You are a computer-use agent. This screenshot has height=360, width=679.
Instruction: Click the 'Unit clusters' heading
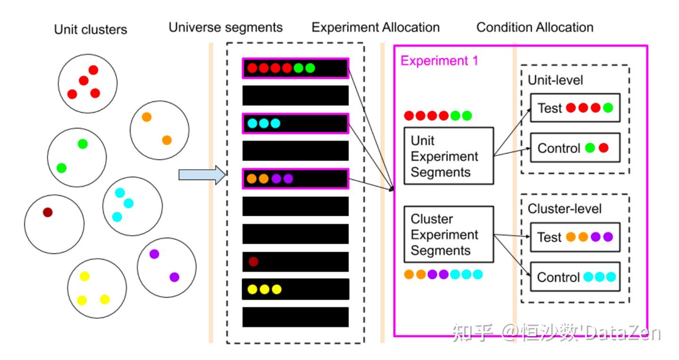click(91, 30)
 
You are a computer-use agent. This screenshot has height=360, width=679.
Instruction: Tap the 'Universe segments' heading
click(225, 28)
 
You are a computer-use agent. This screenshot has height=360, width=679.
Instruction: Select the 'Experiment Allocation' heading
click(375, 28)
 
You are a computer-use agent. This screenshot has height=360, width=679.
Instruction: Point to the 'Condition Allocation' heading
click(535, 28)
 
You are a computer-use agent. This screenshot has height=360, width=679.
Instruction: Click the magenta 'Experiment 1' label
click(439, 61)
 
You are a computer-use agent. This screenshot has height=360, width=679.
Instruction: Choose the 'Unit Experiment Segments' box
click(448, 156)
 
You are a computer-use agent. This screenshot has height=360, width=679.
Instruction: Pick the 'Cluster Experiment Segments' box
click(448, 234)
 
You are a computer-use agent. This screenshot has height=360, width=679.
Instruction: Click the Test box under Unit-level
click(575, 108)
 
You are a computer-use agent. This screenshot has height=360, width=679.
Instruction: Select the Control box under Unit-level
click(575, 147)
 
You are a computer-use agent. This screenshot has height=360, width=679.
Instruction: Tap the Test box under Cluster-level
click(575, 237)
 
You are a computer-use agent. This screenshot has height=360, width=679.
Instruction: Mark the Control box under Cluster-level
click(575, 277)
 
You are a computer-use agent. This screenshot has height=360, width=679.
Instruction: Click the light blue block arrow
click(202, 175)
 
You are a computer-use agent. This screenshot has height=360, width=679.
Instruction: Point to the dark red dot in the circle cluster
click(48, 212)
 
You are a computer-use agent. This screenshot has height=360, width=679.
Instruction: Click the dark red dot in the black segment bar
click(253, 261)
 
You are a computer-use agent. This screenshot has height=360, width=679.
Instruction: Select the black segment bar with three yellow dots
click(296, 289)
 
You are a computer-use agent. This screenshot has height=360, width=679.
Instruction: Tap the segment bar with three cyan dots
click(296, 123)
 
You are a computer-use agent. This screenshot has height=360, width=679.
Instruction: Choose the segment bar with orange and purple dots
click(296, 179)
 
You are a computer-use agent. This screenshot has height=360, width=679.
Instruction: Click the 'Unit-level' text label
click(555, 80)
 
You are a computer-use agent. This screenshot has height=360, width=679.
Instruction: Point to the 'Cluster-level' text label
click(564, 209)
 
